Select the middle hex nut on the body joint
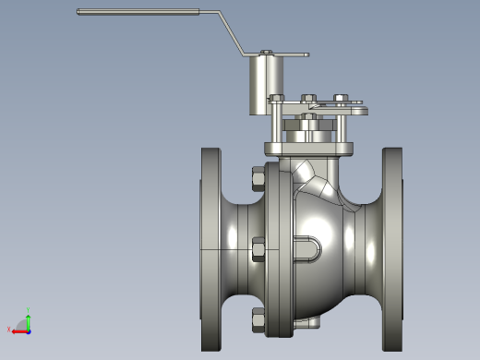pos(258,248)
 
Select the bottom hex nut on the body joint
pos(258,319)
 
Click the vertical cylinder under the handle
pos(265,86)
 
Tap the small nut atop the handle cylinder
pos(266,52)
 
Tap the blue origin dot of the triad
pos(28,329)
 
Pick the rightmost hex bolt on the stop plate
pos(341,98)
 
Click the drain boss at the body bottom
pos(309,322)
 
